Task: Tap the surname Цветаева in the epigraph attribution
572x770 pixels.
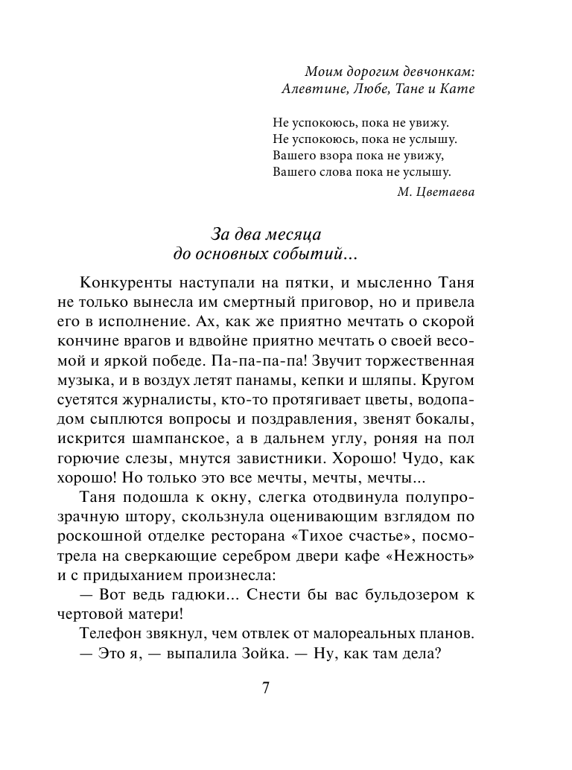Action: click(445, 191)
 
